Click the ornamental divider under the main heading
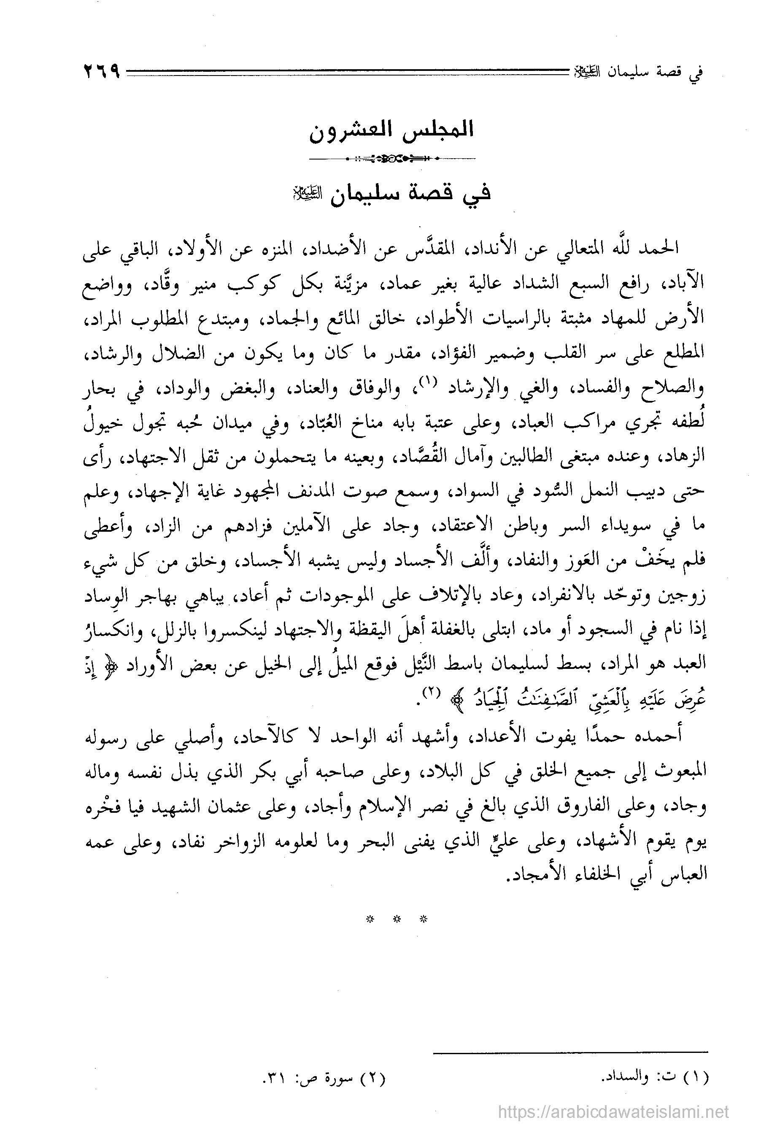coord(391,159)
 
